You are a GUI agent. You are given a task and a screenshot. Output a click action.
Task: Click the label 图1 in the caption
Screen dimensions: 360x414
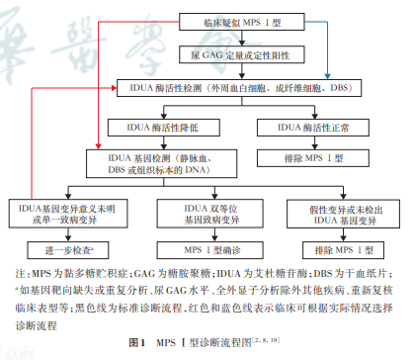click(139, 340)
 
